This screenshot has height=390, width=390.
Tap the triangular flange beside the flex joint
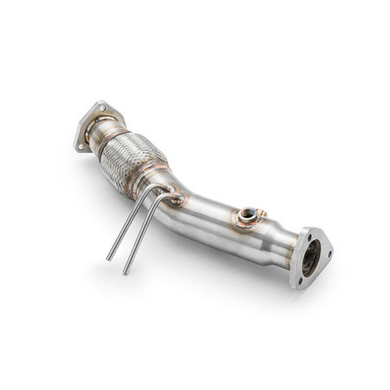click(x=92, y=127)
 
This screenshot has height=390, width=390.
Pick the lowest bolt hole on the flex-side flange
click(x=83, y=146)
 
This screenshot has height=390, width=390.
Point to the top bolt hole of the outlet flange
click(x=305, y=231)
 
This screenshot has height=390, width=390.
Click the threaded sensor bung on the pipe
click(x=248, y=214)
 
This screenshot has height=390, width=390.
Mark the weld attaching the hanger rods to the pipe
click(x=177, y=201)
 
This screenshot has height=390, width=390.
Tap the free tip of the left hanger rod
click(x=108, y=258)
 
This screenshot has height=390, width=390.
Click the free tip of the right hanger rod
click(x=126, y=272)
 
